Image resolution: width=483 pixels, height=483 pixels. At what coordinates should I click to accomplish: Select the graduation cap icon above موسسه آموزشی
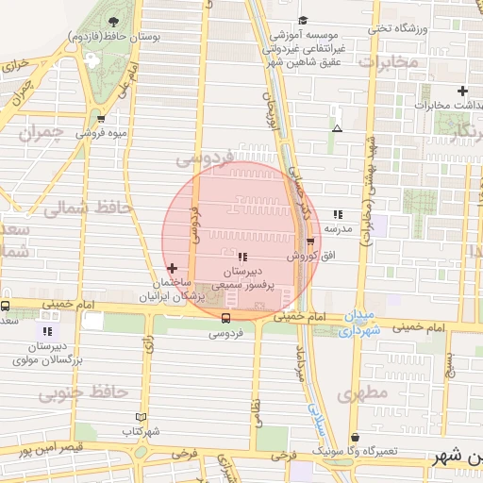(303, 20)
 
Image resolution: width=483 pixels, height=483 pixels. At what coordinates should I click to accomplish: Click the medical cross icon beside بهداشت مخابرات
(462, 92)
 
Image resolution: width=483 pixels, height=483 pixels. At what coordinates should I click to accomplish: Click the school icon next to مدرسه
(338, 215)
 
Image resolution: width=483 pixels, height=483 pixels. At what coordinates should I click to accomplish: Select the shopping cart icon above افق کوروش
(309, 242)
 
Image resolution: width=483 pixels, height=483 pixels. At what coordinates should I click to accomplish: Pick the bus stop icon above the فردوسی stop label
(225, 318)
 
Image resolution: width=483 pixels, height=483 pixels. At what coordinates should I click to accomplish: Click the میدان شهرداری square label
(358, 321)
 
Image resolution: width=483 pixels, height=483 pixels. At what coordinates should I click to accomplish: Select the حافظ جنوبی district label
(75, 391)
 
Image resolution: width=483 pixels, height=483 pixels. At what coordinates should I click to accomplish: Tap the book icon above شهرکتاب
(141, 417)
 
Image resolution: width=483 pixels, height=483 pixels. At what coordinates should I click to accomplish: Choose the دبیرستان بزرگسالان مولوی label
(47, 353)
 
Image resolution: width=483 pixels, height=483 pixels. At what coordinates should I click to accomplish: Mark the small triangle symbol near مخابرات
(337, 128)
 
